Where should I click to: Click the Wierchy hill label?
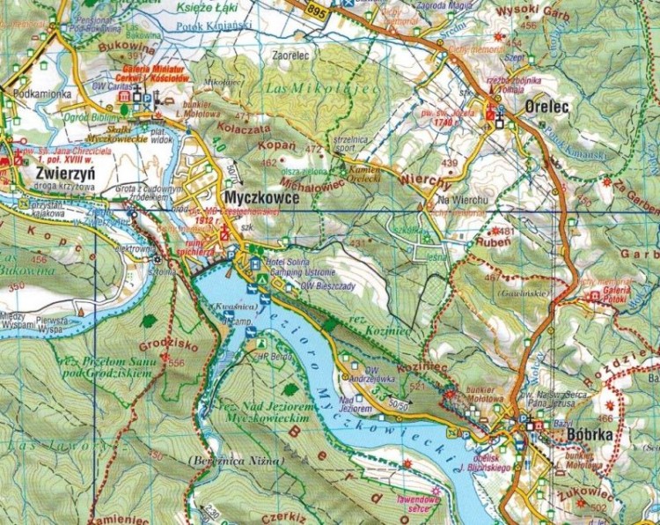click(x=407, y=176)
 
